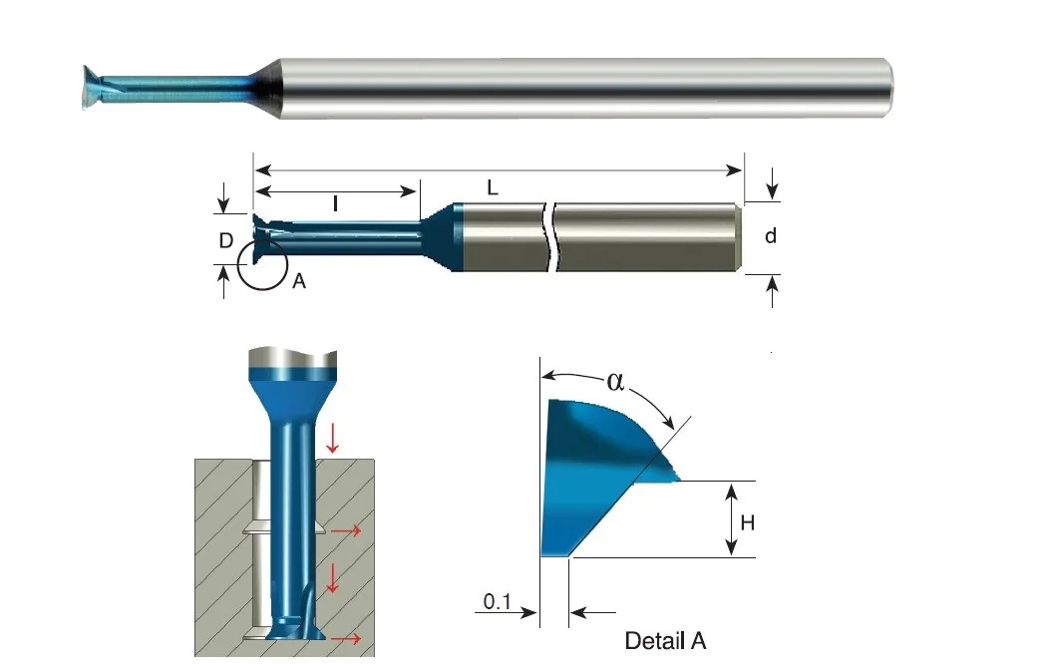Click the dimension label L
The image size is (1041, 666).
coord(492,187)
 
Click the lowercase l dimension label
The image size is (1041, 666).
coord(335,203)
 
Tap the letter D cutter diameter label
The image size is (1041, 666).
coord(226,240)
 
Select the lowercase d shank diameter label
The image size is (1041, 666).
coord(771,235)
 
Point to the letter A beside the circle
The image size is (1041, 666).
coord(299,281)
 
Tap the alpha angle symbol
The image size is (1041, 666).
coord(615,382)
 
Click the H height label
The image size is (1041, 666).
coord(748,523)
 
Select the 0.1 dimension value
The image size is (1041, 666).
coord(498,601)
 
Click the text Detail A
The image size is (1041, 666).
coord(665,641)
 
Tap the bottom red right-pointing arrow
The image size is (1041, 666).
coord(346,639)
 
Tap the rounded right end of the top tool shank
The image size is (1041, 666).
coord(886,89)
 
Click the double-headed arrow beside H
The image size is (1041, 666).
coord(731,519)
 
